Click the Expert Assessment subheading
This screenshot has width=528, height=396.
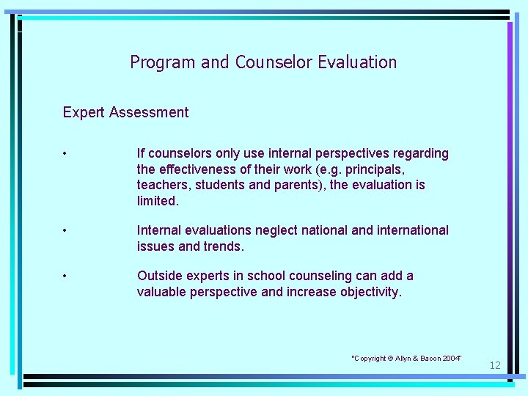[125, 112]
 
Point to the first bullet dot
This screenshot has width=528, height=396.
[65, 154]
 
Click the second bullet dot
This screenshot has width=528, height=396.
[65, 231]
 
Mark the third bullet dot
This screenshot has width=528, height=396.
[65, 276]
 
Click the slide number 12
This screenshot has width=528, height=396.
[495, 365]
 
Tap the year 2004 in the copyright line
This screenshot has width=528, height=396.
[451, 358]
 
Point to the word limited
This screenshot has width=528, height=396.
[158, 201]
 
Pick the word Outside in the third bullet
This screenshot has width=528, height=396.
[160, 276]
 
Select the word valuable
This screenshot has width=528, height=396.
[161, 292]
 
